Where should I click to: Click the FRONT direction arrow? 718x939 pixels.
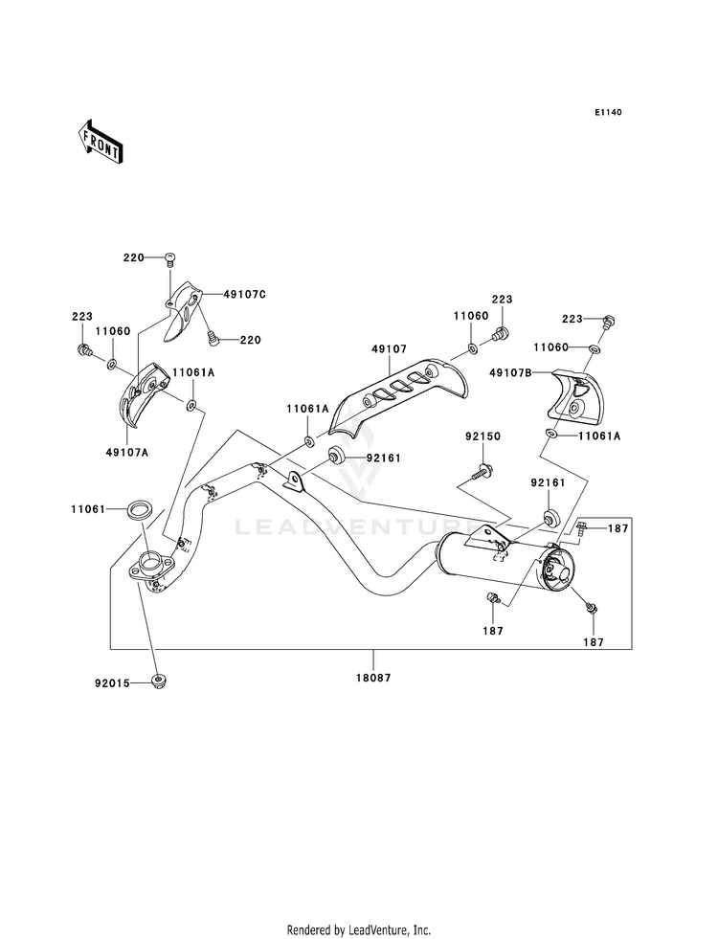(x=100, y=142)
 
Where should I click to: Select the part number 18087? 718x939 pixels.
(x=372, y=678)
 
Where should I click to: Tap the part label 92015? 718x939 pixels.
(x=112, y=682)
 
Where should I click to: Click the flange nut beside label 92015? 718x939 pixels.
(x=159, y=681)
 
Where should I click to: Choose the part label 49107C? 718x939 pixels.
(x=244, y=294)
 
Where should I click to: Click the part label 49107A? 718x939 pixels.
(x=127, y=452)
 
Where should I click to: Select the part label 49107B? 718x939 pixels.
(x=510, y=372)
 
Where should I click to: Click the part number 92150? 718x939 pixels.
(x=482, y=436)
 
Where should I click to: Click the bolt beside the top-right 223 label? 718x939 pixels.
(x=608, y=321)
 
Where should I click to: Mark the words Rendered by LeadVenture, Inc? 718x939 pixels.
(x=359, y=930)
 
